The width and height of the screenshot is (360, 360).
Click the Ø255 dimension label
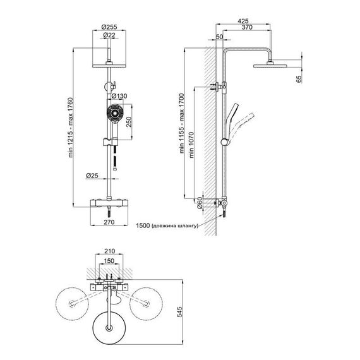pyautogui.click(x=109, y=27)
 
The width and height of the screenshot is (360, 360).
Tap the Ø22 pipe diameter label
pyautogui.click(x=109, y=35)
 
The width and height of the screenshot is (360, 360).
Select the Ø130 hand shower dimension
pyautogui.click(x=119, y=96)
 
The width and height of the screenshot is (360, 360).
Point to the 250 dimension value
pyautogui.click(x=129, y=122)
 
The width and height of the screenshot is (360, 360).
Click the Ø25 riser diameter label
pyautogui.click(x=92, y=176)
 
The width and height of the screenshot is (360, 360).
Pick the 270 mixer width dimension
pyautogui.click(x=109, y=222)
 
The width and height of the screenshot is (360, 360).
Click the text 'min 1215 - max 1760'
pyautogui.click(x=71, y=128)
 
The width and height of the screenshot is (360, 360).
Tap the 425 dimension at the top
pyautogui.click(x=243, y=21)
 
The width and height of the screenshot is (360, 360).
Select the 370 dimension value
pyautogui.click(x=247, y=27)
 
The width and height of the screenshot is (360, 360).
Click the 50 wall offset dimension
pyautogui.click(x=220, y=37)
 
